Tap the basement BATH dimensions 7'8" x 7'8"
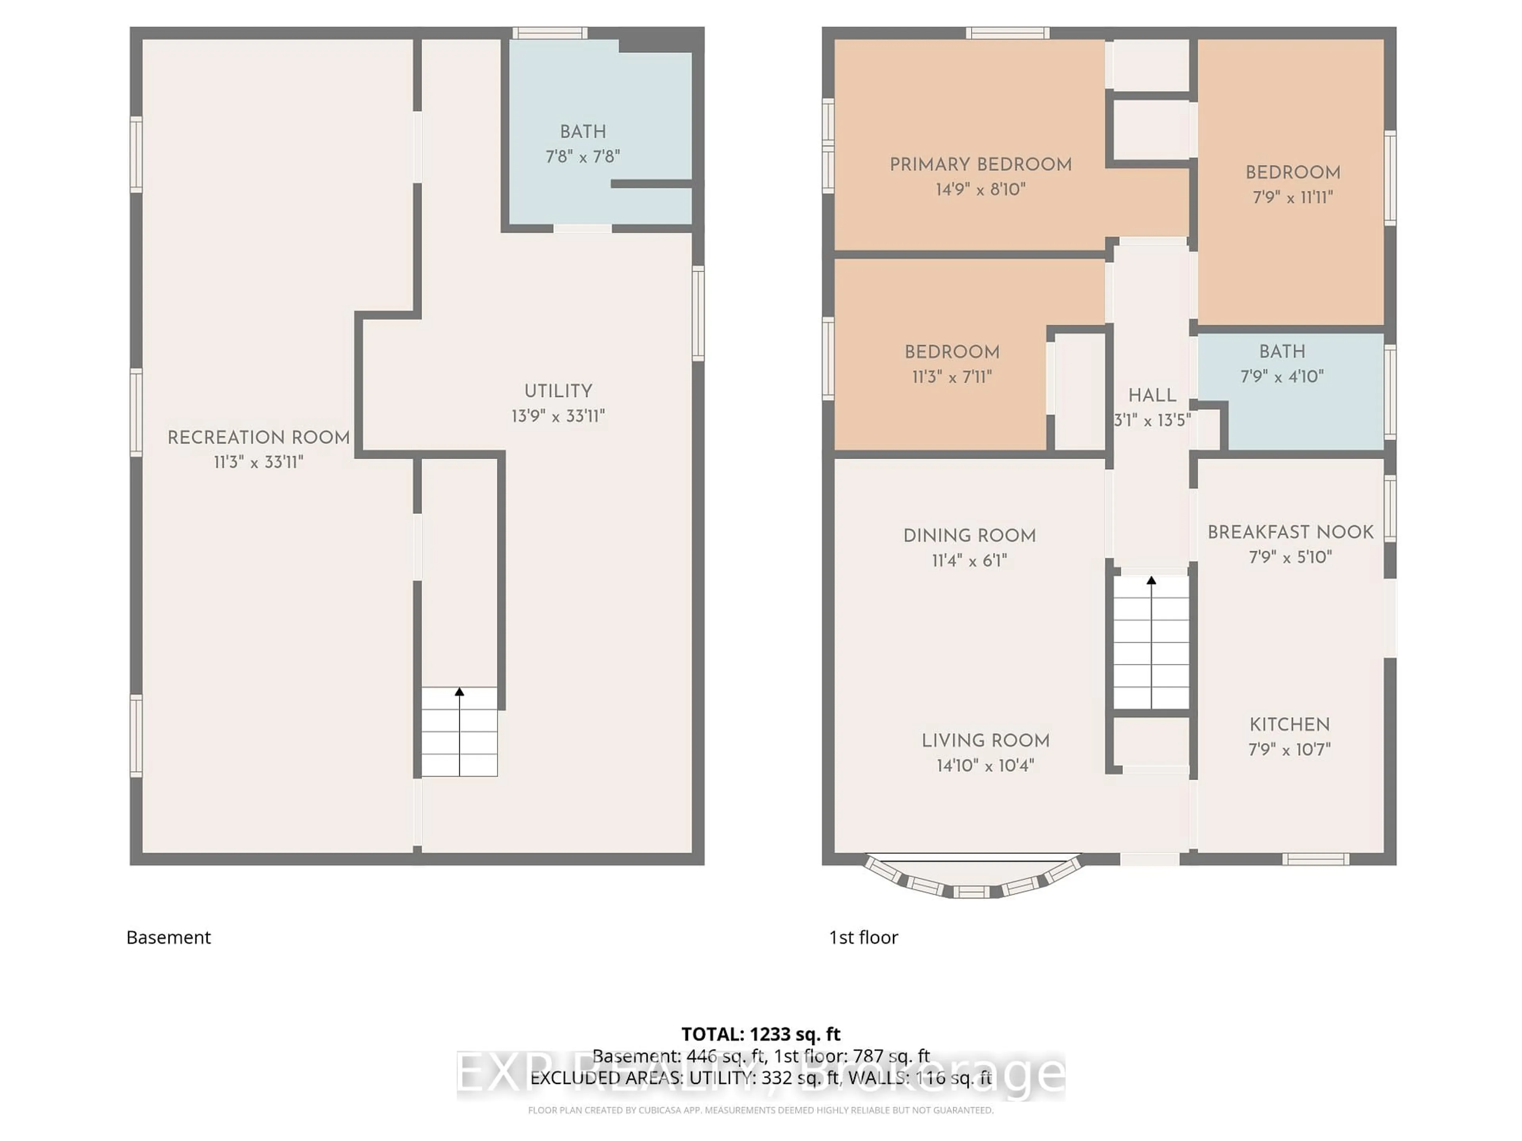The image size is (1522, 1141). tap(582, 157)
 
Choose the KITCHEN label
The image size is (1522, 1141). tap(1289, 724)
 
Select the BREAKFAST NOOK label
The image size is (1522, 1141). tap(1290, 532)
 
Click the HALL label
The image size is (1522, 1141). tap(1152, 395)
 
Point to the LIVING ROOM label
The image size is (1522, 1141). tap(985, 741)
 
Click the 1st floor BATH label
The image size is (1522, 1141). tap(1282, 351)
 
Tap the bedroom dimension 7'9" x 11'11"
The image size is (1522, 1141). tap(1292, 197)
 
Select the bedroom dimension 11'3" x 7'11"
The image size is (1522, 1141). tap(952, 377)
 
